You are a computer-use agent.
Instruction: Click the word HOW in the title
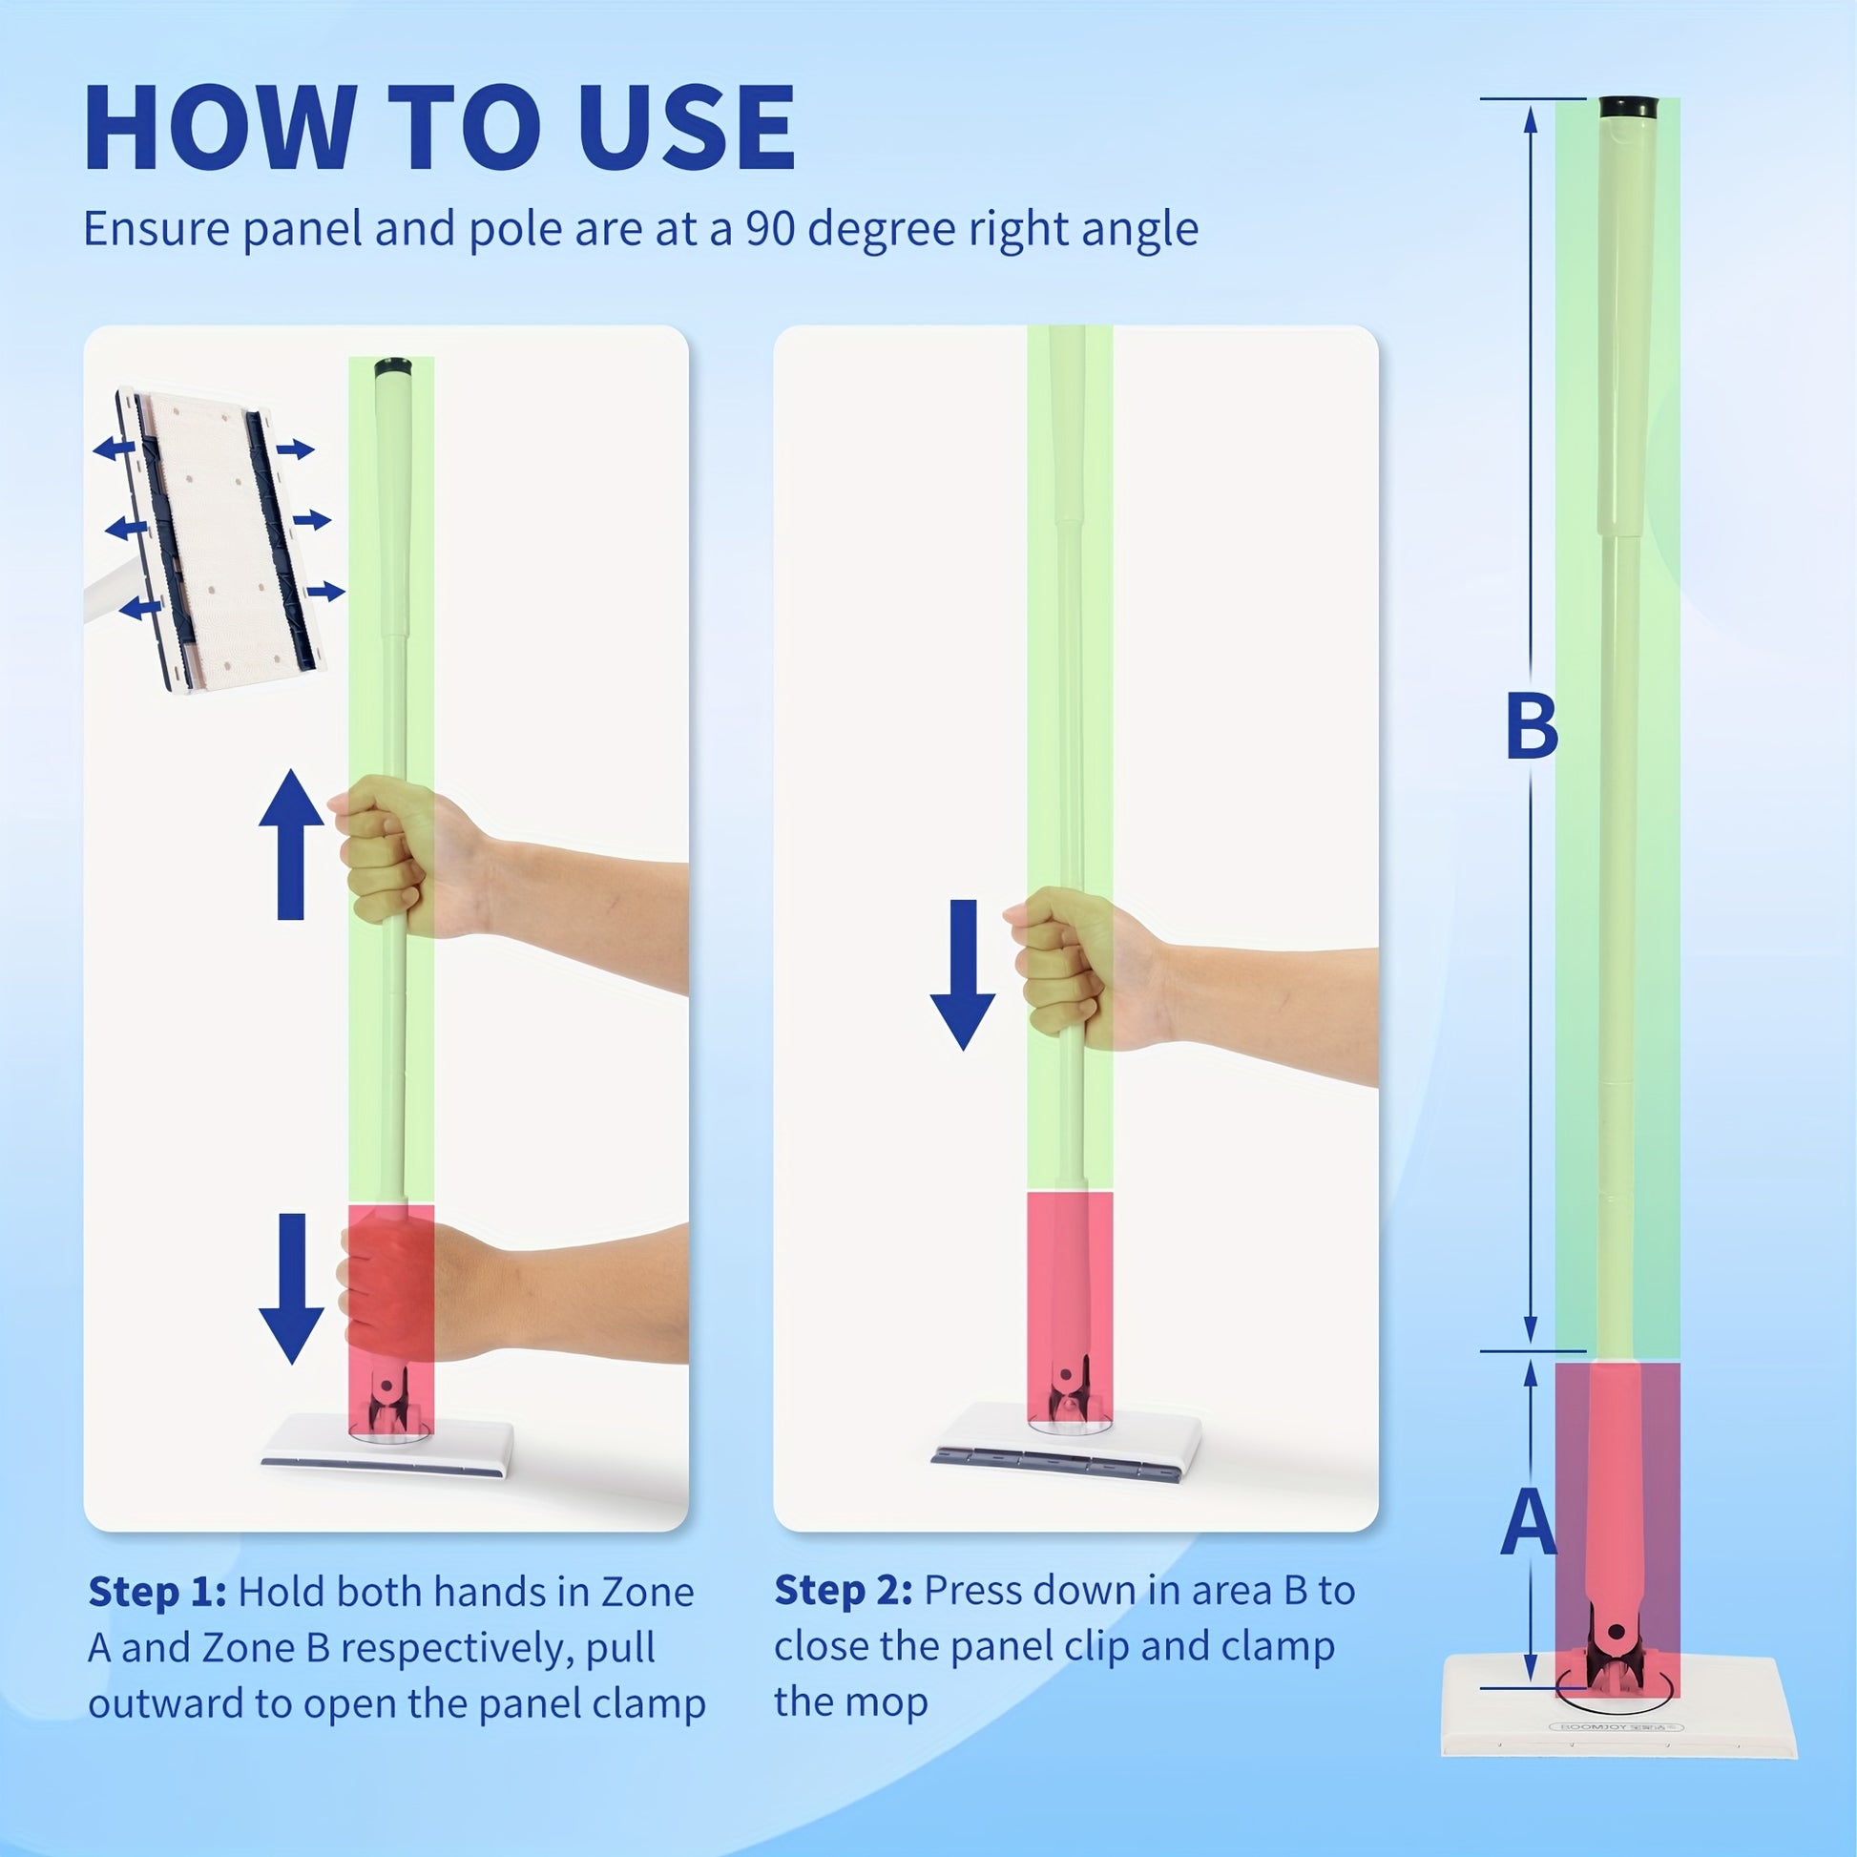220,128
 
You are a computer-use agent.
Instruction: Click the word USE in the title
687,128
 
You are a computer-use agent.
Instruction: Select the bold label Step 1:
157,1593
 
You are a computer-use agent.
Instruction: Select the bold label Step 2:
844,1591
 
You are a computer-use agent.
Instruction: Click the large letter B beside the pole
1532,727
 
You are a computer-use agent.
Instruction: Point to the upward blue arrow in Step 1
291,844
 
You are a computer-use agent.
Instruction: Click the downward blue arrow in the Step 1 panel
291,1289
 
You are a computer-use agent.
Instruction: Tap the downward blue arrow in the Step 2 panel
963,974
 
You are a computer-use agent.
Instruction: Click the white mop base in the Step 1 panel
387,1443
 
